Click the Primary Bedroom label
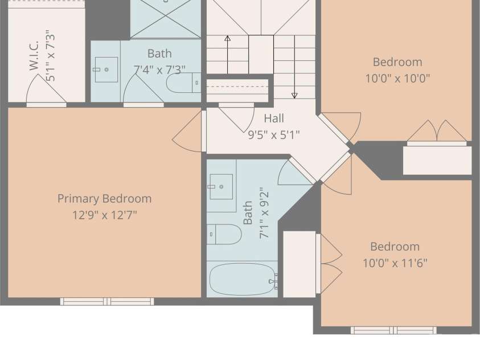click(x=104, y=199)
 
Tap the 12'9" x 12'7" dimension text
click(x=104, y=215)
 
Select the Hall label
click(x=274, y=118)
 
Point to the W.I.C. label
click(x=34, y=55)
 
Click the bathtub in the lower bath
click(x=242, y=279)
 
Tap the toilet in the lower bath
click(x=224, y=234)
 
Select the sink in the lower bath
click(x=221, y=187)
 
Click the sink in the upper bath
click(x=106, y=69)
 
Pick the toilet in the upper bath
click(x=184, y=83)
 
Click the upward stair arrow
click(x=227, y=55)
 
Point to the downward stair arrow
click(x=294, y=67)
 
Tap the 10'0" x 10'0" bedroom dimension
click(x=397, y=79)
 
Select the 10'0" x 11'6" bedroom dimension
click(x=395, y=263)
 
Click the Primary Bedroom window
click(x=107, y=301)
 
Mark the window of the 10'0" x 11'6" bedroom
click(x=393, y=330)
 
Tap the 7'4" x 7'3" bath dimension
click(x=159, y=70)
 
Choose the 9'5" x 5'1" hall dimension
click(x=274, y=134)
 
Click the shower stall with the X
click(x=166, y=19)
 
